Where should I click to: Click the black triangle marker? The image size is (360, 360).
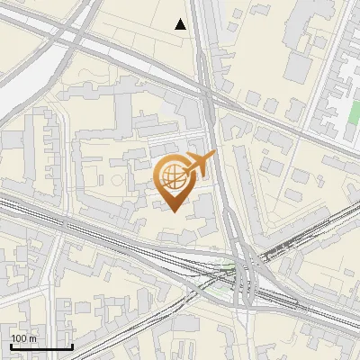point(181,24)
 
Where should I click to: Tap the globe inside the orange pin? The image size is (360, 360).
point(174,175)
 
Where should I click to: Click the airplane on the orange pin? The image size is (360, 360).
point(200,164)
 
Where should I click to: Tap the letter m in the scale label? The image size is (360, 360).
point(32,338)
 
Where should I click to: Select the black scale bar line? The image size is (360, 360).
point(41,346)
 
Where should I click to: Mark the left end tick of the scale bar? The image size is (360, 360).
point(11,346)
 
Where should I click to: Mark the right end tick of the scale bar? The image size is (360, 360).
point(72,346)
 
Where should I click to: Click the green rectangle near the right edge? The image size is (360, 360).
point(354,116)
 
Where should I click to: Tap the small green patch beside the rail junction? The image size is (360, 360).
point(230,266)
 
